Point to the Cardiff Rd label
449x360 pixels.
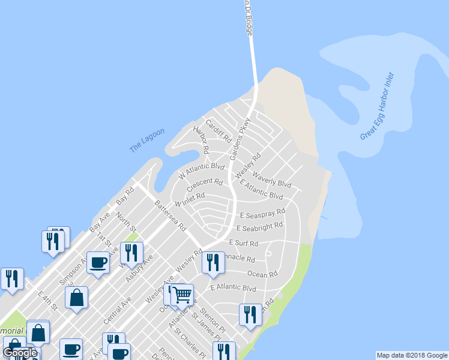point(218,131)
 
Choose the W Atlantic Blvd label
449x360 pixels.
point(202,172)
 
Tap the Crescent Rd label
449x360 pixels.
point(205,182)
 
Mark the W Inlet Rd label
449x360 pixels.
point(190,199)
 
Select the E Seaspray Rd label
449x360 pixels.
point(262,214)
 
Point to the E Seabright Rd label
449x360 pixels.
point(259,228)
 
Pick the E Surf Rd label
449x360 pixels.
point(244,244)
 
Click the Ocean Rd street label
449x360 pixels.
point(262,274)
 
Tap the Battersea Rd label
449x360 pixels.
point(171,216)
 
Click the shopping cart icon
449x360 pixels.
point(182,295)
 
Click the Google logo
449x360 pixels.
point(19,353)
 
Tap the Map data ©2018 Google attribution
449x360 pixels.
point(412,355)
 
